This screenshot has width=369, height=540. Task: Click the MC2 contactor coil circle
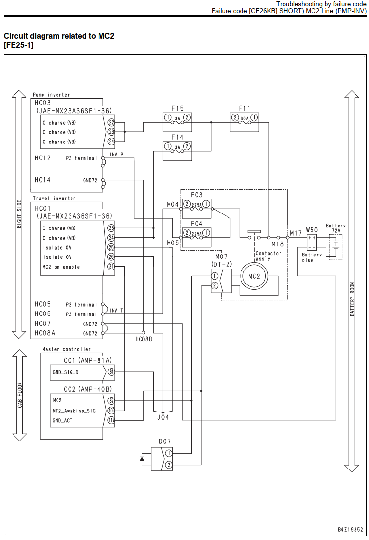click(x=254, y=276)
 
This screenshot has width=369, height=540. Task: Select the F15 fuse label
click(x=177, y=109)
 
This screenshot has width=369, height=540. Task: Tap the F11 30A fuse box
click(x=244, y=122)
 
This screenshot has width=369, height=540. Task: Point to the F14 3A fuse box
click(x=177, y=151)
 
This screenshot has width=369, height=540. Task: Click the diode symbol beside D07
click(x=142, y=459)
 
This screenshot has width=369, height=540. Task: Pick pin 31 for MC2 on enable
click(x=111, y=266)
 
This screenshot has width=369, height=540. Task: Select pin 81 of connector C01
click(x=111, y=372)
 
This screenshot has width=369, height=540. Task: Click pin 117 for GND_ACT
click(x=111, y=420)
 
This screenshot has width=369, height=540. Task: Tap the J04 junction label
click(x=163, y=417)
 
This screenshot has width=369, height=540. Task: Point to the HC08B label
click(x=143, y=339)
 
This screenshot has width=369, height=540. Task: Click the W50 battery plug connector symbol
click(x=312, y=242)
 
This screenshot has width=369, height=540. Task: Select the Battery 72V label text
click(x=336, y=228)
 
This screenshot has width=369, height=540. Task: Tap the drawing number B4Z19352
click(x=350, y=530)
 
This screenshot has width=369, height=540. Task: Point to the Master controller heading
click(x=67, y=349)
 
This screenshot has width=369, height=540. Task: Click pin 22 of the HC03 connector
click(x=111, y=122)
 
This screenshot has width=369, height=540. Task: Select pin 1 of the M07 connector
click(x=214, y=276)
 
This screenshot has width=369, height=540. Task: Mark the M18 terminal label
click(x=277, y=244)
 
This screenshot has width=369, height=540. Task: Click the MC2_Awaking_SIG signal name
click(x=74, y=411)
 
